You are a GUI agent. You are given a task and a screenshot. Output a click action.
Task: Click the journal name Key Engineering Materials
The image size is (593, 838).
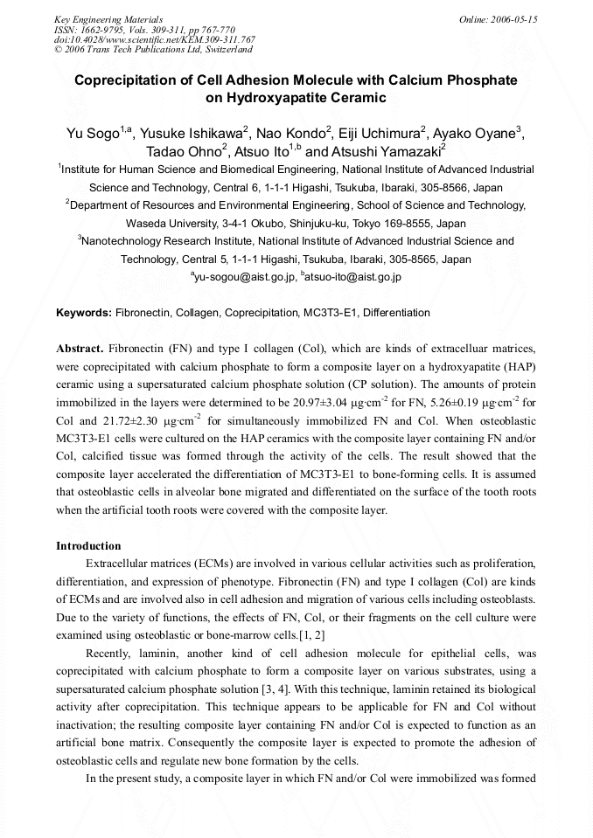[108, 19]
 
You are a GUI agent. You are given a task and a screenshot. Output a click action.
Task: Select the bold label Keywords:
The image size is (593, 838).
[84, 312]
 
